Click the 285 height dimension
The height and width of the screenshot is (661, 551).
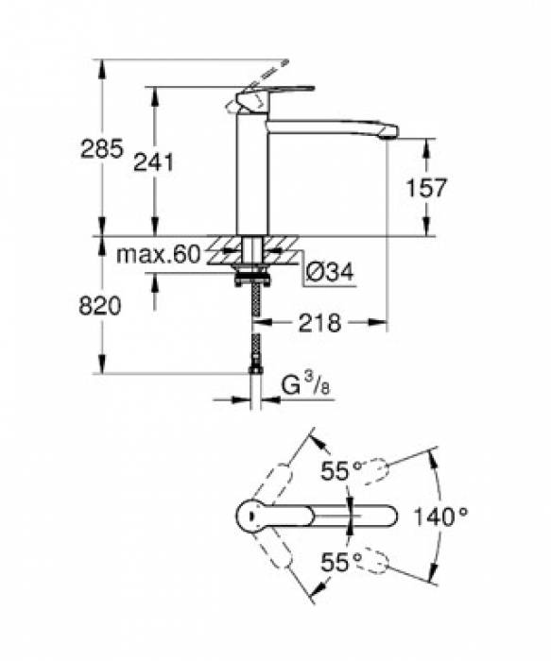coord(102,148)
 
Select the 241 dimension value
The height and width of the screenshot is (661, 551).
coord(153,161)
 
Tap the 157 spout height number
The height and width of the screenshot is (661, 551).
coord(425,188)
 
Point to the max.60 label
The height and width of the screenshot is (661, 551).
coord(158,255)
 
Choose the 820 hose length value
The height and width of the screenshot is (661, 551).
coord(100,306)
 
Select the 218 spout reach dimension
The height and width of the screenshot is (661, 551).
coord(319,323)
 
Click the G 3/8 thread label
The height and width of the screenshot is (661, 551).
coord(305,385)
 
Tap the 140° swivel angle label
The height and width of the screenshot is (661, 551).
coord(439,517)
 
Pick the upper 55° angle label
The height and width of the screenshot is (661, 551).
coord(341,470)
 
